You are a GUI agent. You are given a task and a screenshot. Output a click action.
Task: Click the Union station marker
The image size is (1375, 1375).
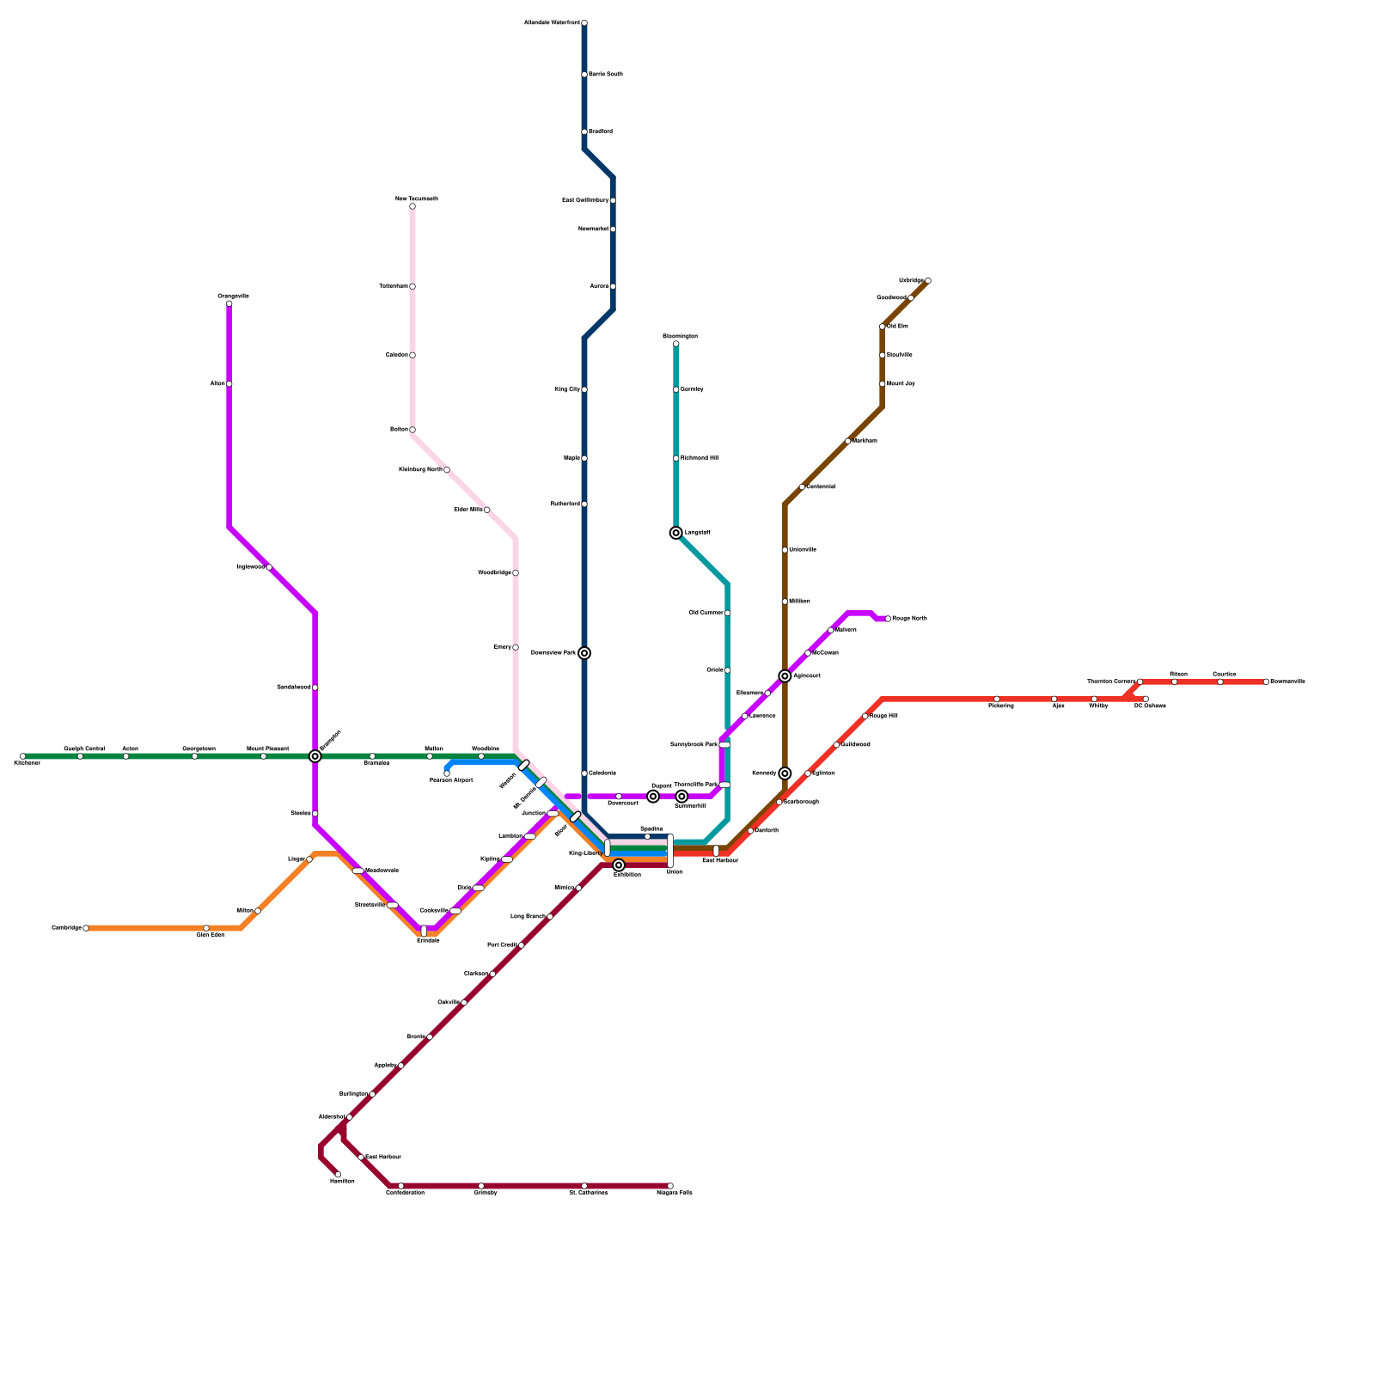[670, 851]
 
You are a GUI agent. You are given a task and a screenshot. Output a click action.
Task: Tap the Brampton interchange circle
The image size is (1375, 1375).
[315, 756]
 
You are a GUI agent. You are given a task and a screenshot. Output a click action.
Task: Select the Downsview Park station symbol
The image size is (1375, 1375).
[584, 653]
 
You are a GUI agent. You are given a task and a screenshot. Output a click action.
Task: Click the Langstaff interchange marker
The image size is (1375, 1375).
[676, 533]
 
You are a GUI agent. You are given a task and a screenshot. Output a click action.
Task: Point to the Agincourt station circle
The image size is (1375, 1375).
[785, 676]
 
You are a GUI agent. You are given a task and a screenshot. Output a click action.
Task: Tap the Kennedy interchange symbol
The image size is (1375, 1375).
[785, 773]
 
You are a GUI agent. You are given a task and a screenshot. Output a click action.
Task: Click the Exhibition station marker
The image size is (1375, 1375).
[619, 865]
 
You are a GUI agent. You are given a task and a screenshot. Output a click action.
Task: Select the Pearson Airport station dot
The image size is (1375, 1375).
[447, 773]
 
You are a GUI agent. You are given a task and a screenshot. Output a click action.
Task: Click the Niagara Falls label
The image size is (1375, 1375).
[675, 1193]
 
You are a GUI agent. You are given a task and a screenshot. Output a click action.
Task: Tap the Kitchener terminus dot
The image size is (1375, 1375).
[23, 756]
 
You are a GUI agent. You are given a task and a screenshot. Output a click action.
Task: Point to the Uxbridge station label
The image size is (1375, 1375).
[911, 280]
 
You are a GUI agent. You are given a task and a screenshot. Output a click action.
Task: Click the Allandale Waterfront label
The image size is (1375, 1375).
[552, 23]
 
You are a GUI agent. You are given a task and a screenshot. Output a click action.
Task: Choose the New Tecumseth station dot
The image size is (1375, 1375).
[412, 206]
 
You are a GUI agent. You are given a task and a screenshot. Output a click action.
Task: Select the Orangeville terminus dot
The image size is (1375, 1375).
[229, 303]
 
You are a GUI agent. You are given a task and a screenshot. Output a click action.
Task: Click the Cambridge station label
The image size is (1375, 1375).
[66, 928]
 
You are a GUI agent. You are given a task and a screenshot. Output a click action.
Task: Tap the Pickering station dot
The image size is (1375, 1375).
[997, 699]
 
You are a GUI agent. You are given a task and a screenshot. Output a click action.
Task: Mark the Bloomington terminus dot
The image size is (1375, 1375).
[676, 344]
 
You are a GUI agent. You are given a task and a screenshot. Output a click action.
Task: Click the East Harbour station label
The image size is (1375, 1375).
[720, 860]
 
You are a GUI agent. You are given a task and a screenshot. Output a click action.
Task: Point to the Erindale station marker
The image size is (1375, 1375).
[424, 931]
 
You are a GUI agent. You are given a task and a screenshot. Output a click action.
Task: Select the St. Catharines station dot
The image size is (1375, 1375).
[584, 1186]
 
